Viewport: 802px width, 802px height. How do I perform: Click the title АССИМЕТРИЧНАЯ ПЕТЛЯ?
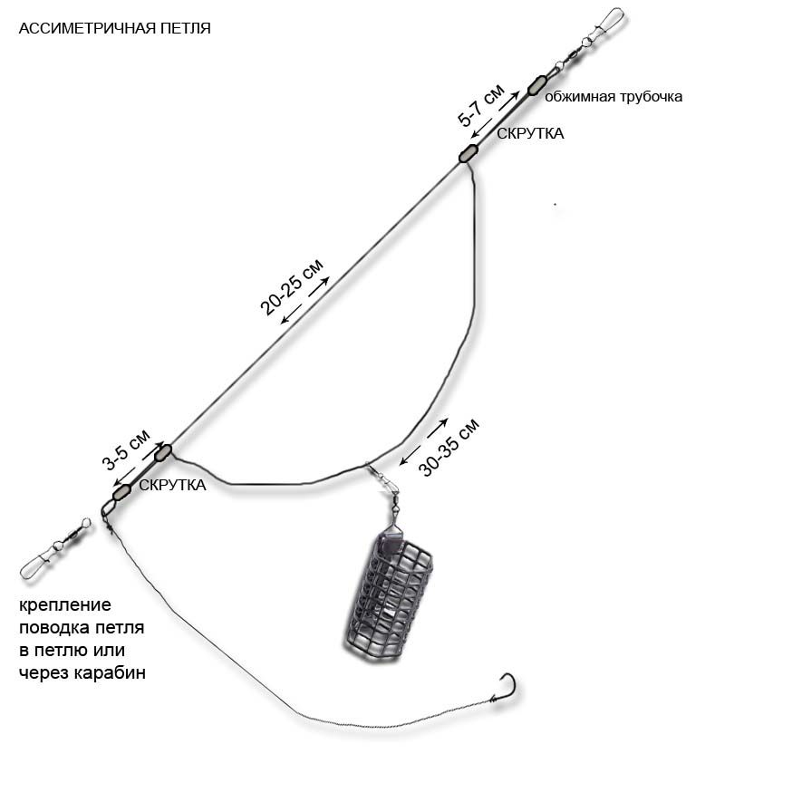114,28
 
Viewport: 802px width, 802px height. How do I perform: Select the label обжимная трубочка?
613,96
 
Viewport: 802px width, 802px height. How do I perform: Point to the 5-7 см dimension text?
480,106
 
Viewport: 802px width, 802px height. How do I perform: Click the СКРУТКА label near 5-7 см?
530,133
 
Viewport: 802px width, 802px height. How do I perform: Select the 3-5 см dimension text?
126,450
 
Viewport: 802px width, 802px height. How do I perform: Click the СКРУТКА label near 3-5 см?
172,485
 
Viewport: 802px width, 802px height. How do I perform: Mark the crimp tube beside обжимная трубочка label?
536,85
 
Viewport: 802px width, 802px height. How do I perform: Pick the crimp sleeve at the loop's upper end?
468,153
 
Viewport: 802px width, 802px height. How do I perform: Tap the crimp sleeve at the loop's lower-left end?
163,450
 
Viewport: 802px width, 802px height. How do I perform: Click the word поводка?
54,627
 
